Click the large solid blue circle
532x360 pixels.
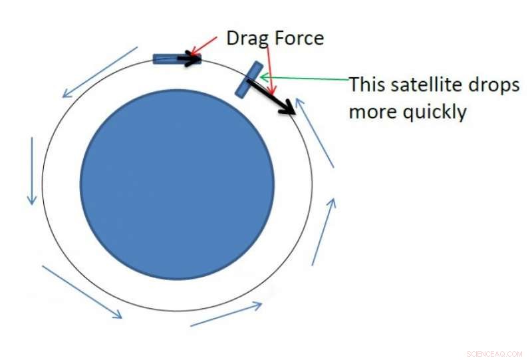pyautogui.click(x=177, y=184)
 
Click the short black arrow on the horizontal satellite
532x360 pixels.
pyautogui.click(x=190, y=60)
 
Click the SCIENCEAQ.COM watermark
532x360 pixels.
pyautogui.click(x=494, y=353)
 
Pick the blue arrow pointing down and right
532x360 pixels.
pyautogui.click(x=82, y=291)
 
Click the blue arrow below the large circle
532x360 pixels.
pyautogui.click(x=226, y=314)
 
